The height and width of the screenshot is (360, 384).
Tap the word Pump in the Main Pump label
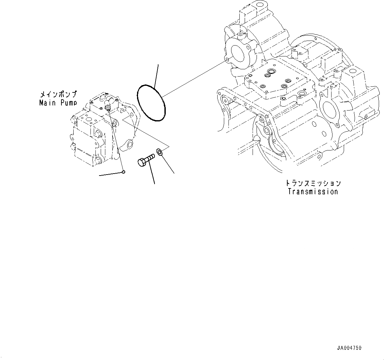(x=68, y=103)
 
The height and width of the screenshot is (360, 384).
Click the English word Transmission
(x=313, y=191)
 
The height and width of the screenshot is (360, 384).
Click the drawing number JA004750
(x=349, y=348)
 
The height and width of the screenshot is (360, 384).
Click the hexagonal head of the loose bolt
(x=141, y=163)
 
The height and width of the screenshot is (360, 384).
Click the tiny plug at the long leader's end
(x=123, y=171)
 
